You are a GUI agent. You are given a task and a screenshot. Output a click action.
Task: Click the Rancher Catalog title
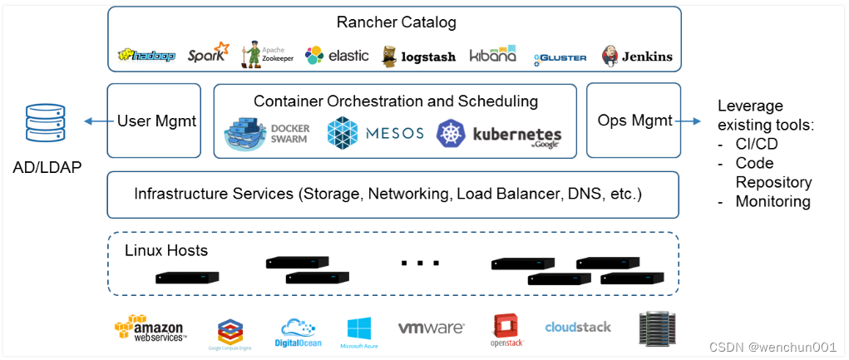(x=396, y=22)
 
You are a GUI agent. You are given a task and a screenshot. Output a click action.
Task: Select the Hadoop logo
(x=147, y=56)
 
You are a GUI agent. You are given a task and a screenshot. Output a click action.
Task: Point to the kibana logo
(x=493, y=55)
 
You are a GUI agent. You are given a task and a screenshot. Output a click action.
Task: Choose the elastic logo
(x=338, y=56)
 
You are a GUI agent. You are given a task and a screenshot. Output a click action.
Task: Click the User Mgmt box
(x=155, y=121)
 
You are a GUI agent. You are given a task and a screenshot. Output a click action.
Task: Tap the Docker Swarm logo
(x=267, y=133)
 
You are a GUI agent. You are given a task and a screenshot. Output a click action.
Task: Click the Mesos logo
(x=375, y=133)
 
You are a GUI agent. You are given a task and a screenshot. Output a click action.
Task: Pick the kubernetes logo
(x=500, y=134)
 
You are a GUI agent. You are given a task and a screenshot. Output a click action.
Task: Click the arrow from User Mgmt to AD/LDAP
(x=96, y=121)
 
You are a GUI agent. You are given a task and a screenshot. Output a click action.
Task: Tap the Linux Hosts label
(x=166, y=250)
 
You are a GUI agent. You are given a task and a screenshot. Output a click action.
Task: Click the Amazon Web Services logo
(x=150, y=329)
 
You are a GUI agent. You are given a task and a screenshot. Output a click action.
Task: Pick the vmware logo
(x=431, y=328)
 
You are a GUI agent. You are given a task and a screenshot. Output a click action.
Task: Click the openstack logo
(x=506, y=331)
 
